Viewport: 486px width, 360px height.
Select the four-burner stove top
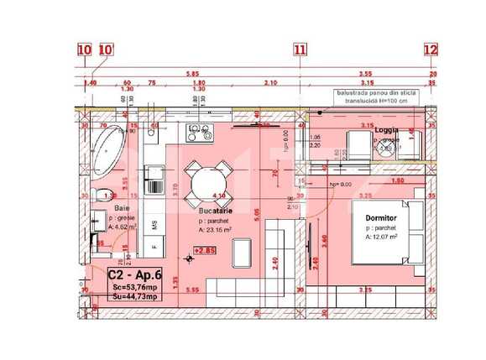coord(198,131)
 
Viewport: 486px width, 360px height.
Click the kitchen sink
coord(154,175)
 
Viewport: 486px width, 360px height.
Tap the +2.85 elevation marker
coord(204,250)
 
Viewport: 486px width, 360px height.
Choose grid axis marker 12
coord(430,50)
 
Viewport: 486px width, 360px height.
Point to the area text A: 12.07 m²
coord(382,237)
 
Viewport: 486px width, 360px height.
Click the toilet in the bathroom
coord(99,196)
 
